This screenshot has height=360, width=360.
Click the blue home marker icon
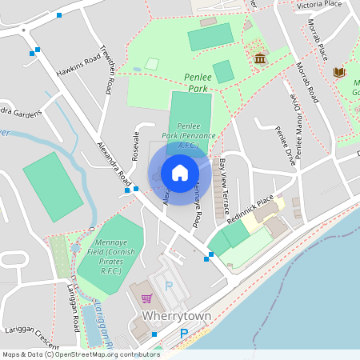pos(180,172)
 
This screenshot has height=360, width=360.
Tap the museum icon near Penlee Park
pos(260,58)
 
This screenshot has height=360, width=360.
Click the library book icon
pos(339,73)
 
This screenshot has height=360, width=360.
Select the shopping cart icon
pos(146,298)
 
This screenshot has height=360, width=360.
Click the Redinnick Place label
pos(250,206)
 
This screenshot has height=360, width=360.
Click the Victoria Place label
pos(319,4)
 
